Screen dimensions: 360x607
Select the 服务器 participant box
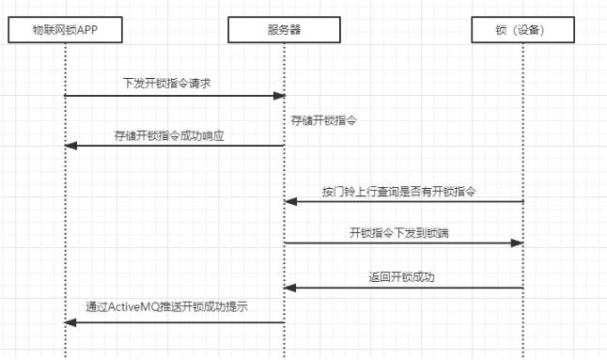[x=284, y=30]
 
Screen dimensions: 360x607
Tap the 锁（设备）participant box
[x=522, y=30]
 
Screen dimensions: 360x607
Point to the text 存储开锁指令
[x=323, y=121]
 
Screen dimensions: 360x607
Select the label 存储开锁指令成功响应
[x=168, y=135]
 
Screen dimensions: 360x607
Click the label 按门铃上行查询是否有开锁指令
[x=399, y=191]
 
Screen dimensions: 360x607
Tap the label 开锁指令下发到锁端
[x=398, y=232]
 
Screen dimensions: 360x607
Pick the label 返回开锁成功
[x=402, y=276]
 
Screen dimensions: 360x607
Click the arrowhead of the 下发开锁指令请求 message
[x=280, y=96]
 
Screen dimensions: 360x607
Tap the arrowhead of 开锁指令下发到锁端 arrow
[x=518, y=243]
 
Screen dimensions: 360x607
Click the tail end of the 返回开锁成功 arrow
[x=521, y=287]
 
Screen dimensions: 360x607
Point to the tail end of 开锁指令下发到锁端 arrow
[x=286, y=243]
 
